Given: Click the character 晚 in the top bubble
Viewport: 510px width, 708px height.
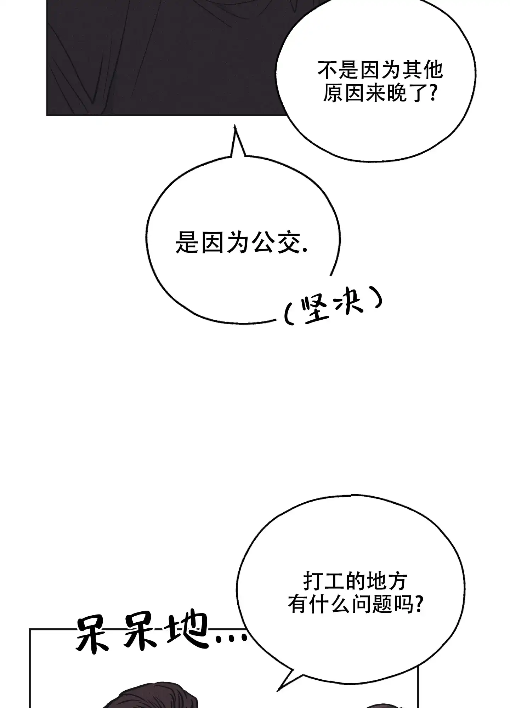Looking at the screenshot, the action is click(399, 93).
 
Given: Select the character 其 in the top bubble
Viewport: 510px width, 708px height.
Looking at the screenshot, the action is click(410, 70).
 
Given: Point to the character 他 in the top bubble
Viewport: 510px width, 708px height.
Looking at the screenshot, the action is click(432, 70).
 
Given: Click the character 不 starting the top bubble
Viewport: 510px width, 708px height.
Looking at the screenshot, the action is click(328, 70).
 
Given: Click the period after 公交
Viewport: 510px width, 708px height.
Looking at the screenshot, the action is click(305, 250).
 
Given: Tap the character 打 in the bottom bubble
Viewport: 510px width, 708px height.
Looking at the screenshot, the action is click(313, 582).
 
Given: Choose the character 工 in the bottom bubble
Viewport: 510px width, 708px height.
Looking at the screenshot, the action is click(333, 582).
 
